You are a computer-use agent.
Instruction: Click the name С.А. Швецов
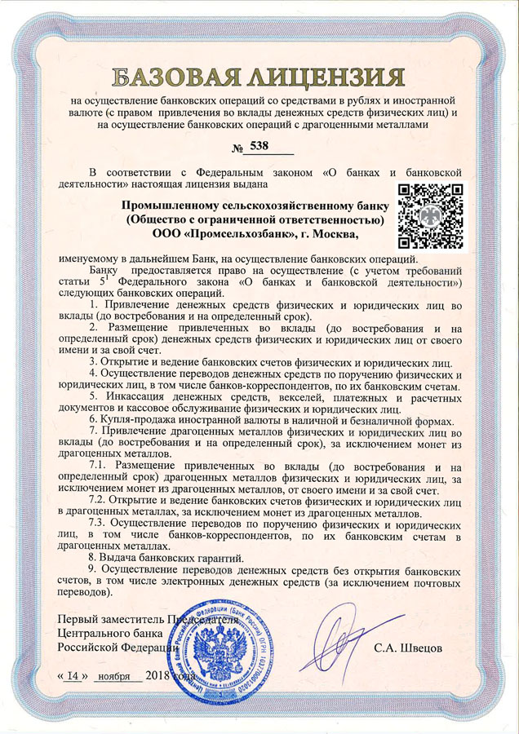point(409,647)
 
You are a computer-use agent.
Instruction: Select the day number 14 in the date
point(76,676)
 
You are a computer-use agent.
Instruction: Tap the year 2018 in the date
point(157,676)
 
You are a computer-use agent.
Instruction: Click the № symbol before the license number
point(238,149)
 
